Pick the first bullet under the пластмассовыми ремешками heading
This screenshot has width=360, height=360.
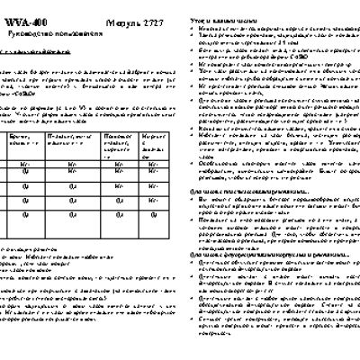(x=201, y=200)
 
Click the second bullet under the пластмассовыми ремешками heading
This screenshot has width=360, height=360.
(x=201, y=219)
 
